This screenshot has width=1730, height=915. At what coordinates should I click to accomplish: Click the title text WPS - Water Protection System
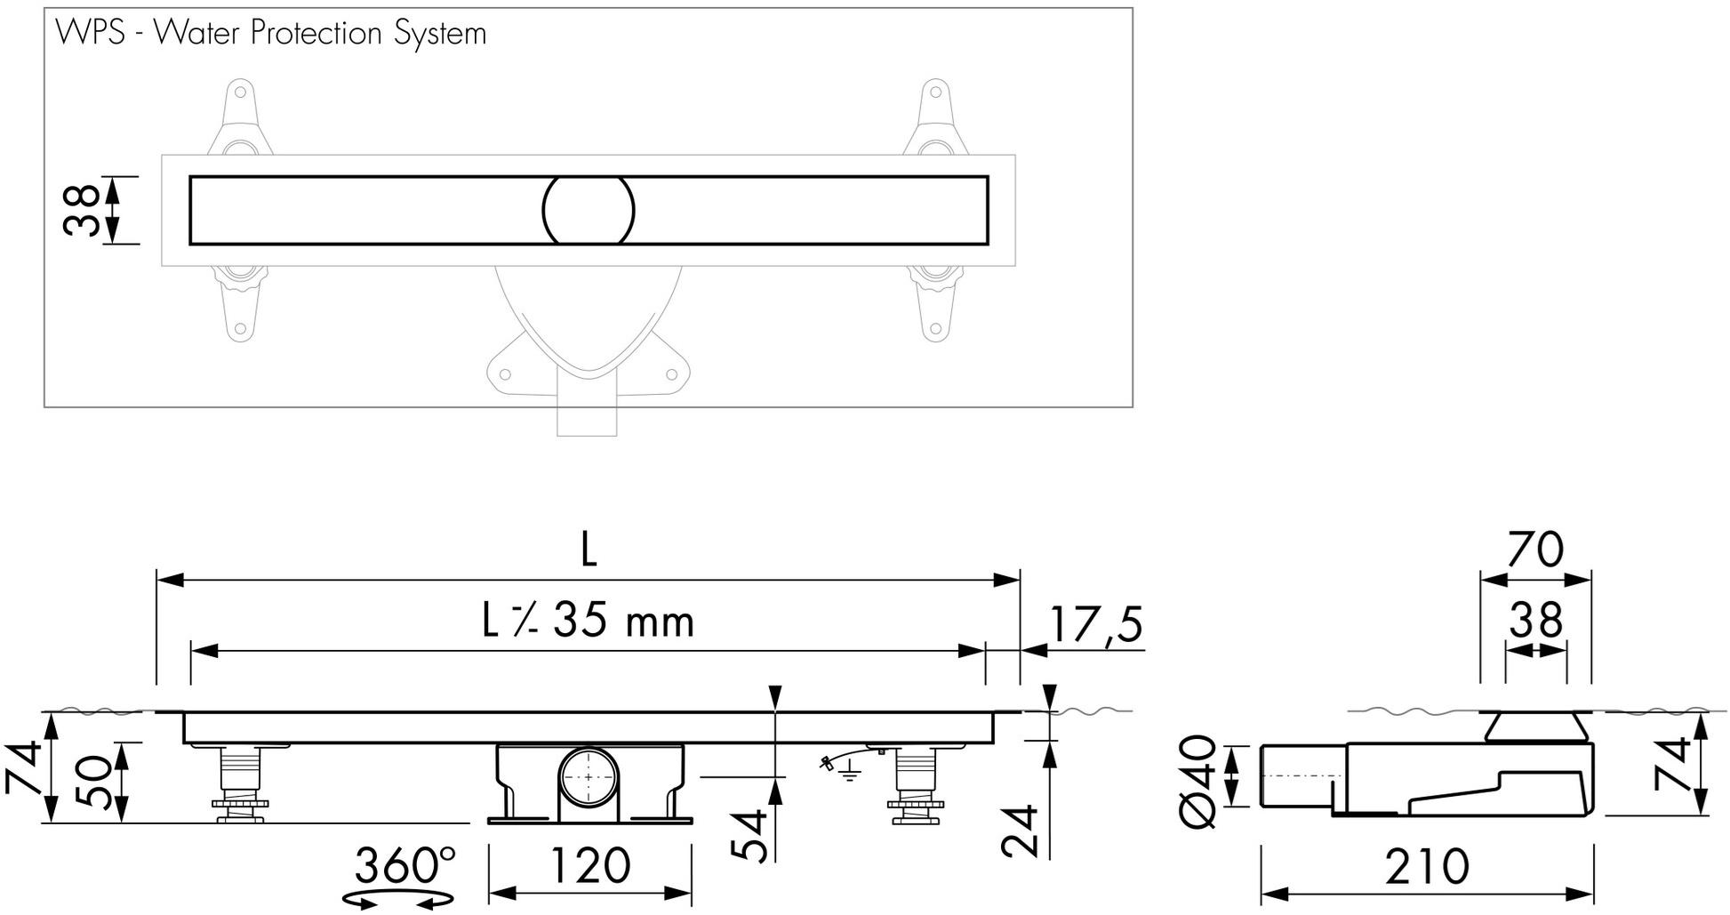pyautogui.click(x=270, y=34)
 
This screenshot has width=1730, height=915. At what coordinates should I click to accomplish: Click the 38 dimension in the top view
pyautogui.click(x=81, y=210)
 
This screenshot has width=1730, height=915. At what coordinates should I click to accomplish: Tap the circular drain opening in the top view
pyautogui.click(x=588, y=210)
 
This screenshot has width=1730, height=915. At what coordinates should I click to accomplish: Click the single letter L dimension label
pyautogui.click(x=588, y=551)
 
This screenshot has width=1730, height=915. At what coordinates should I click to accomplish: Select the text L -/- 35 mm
pyautogui.click(x=588, y=621)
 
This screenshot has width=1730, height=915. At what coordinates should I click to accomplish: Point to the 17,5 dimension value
pyautogui.click(x=1094, y=624)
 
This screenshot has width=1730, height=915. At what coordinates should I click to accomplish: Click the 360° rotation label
pyautogui.click(x=404, y=864)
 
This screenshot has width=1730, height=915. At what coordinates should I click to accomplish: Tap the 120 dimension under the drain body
pyautogui.click(x=589, y=866)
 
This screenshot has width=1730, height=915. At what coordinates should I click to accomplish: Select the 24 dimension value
pyautogui.click(x=1020, y=831)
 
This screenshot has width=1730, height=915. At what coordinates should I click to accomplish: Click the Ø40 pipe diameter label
pyautogui.click(x=1198, y=780)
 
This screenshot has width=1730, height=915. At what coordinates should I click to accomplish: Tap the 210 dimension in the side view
pyautogui.click(x=1427, y=866)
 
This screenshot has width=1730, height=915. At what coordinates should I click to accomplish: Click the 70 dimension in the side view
pyautogui.click(x=1535, y=550)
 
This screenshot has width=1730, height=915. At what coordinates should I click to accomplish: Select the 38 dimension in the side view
pyautogui.click(x=1535, y=621)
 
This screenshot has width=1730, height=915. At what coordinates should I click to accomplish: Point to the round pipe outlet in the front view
pyautogui.click(x=589, y=776)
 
